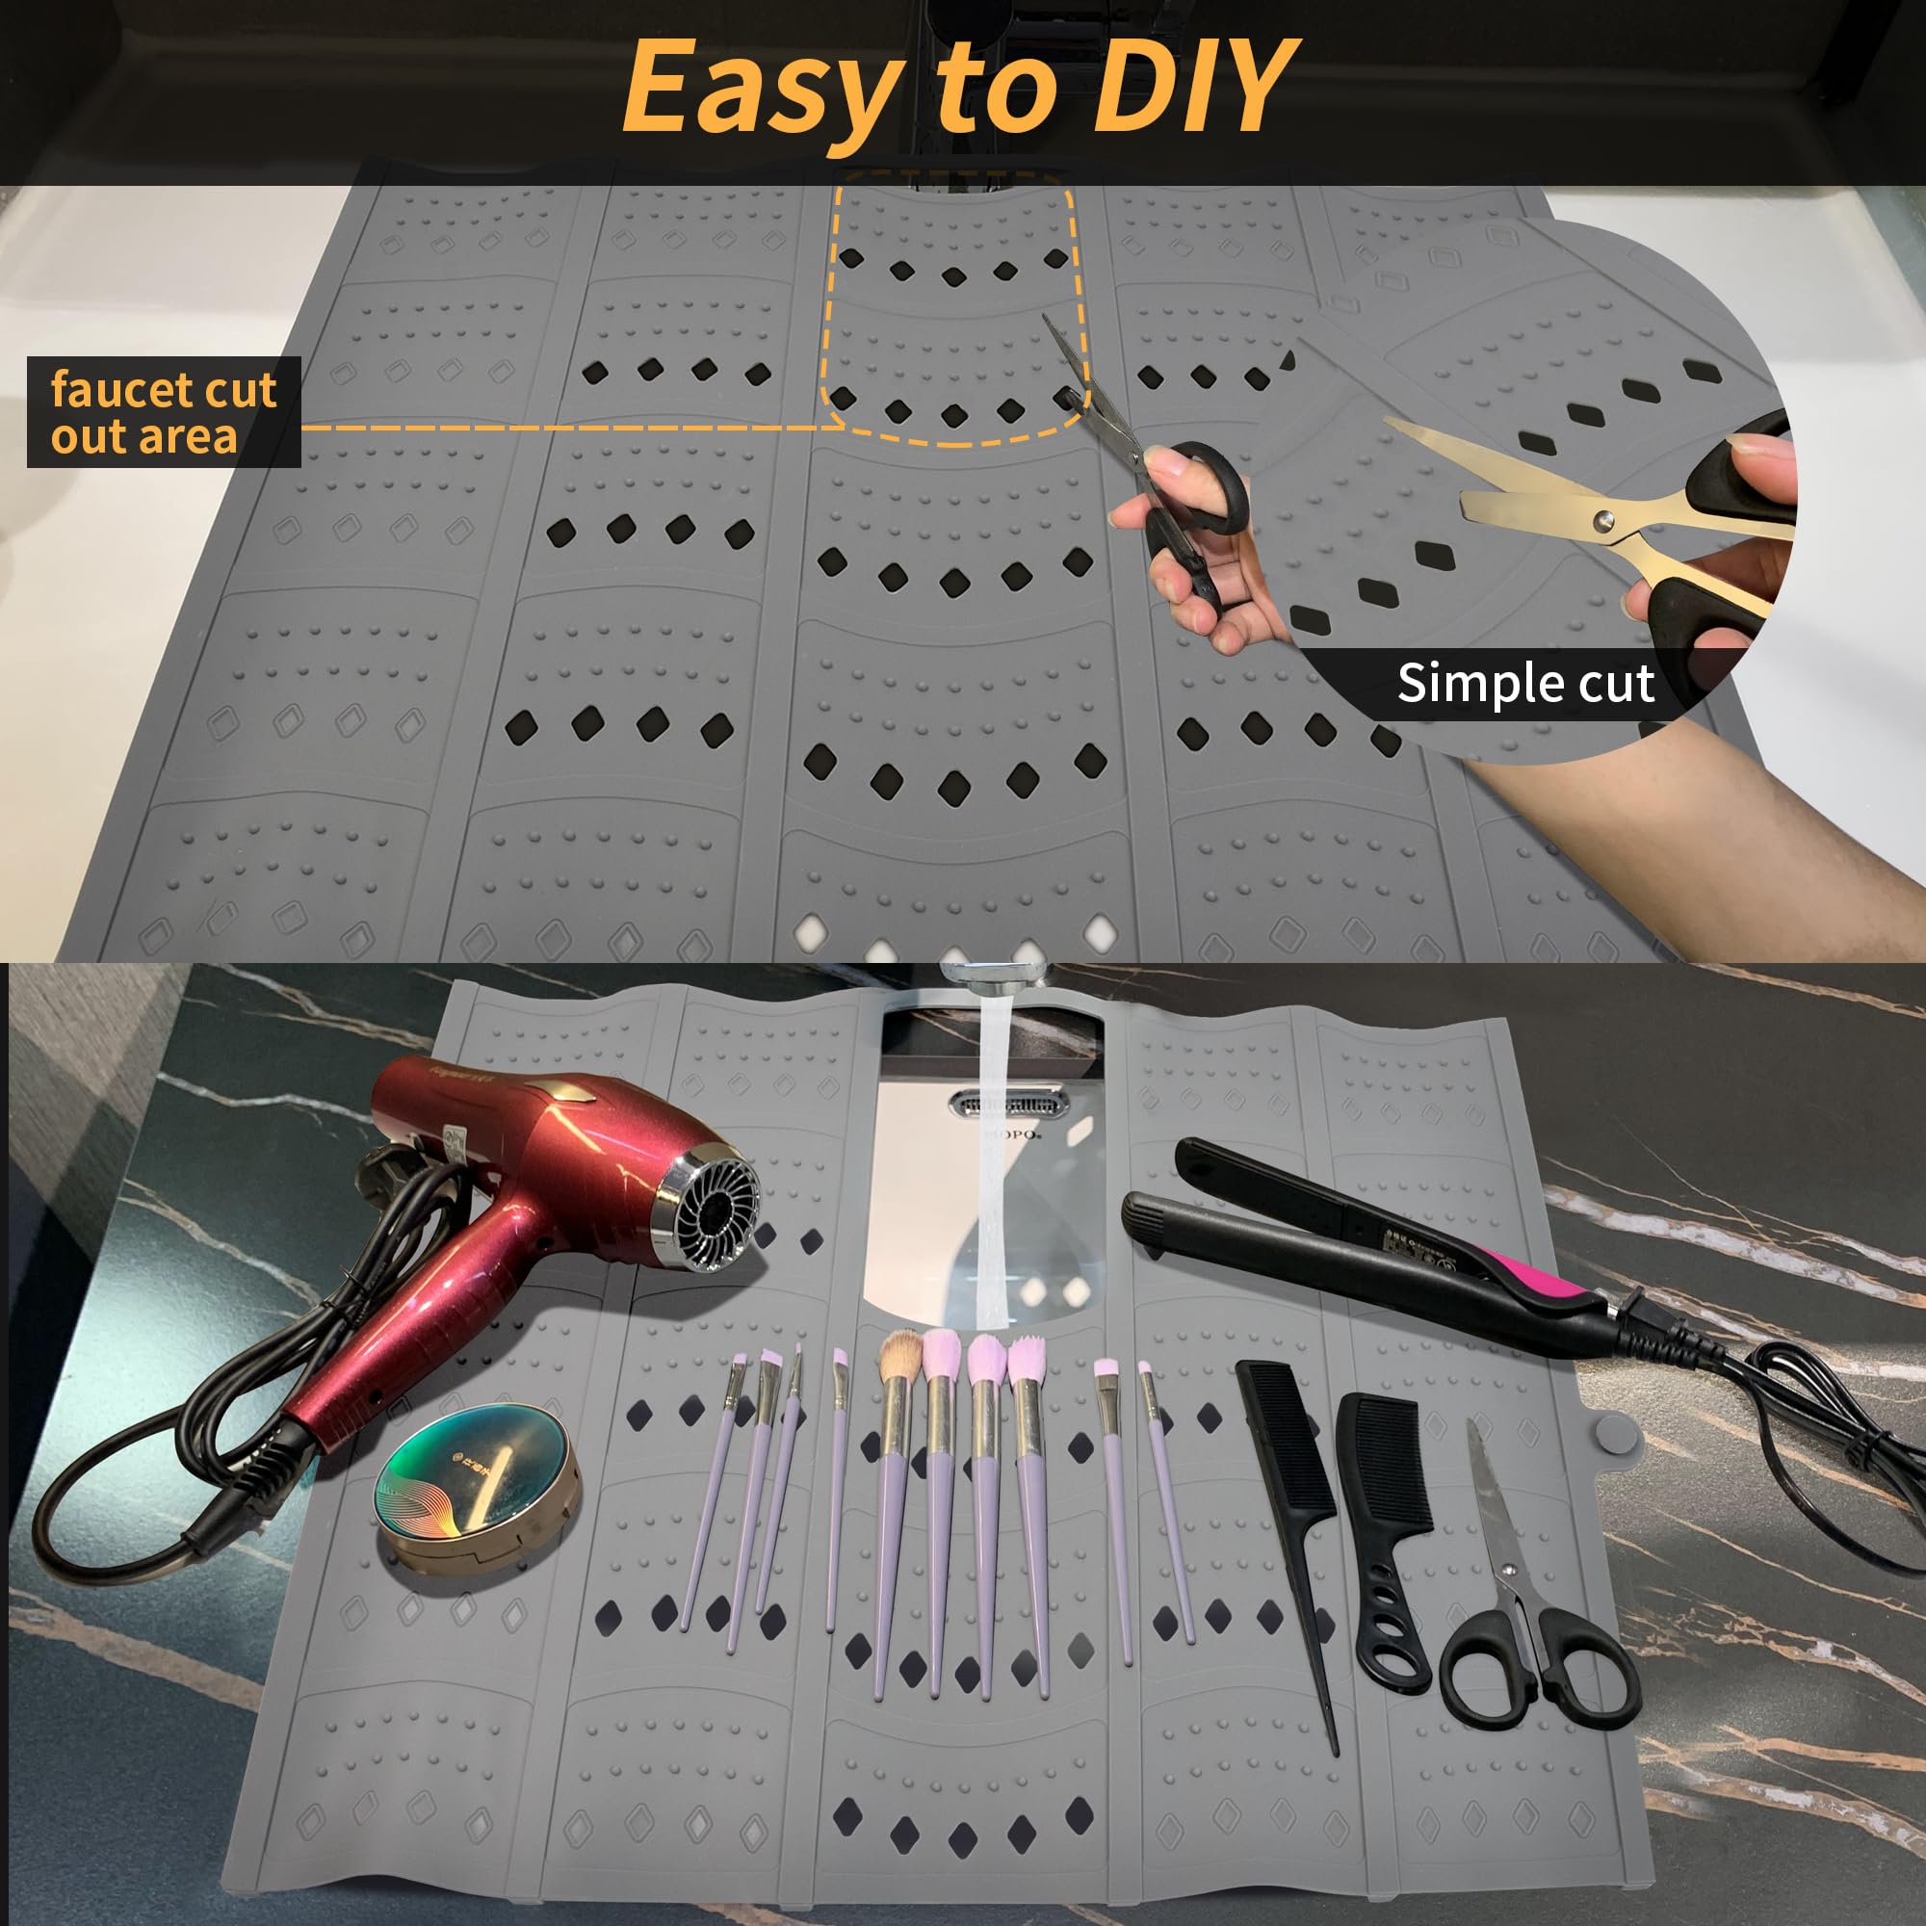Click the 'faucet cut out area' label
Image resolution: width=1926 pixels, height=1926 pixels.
(164, 412)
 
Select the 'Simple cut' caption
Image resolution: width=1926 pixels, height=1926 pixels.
(1525, 683)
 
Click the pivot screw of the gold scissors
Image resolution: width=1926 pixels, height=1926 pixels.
(1603, 519)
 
